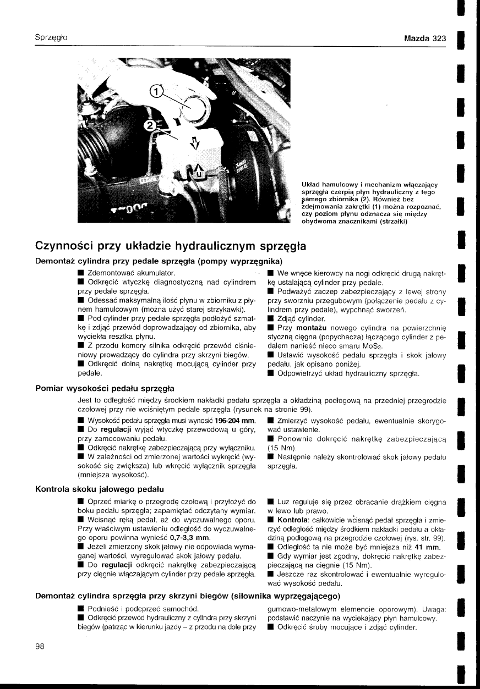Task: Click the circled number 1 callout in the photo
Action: pyautogui.click(x=157, y=92)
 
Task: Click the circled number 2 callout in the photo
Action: pyautogui.click(x=149, y=125)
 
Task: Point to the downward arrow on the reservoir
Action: pyautogui.click(x=193, y=144)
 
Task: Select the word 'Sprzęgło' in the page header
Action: pyautogui.click(x=51, y=38)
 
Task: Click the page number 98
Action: pyautogui.click(x=40, y=646)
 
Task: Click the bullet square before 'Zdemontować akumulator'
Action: pyautogui.click(x=81, y=273)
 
